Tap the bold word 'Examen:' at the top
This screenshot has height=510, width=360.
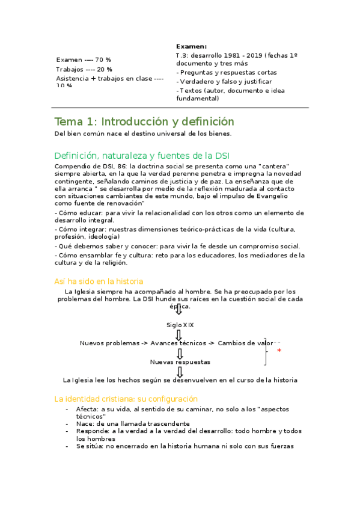[x=191, y=46]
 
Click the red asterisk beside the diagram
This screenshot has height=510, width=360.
[x=279, y=351]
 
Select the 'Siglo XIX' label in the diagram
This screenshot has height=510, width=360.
[x=180, y=325]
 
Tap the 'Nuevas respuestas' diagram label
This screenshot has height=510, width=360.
[x=180, y=362]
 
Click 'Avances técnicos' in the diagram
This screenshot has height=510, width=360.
[x=178, y=343]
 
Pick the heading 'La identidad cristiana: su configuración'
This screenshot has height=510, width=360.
[x=126, y=399]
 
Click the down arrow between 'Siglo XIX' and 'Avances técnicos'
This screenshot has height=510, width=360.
[x=180, y=334]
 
